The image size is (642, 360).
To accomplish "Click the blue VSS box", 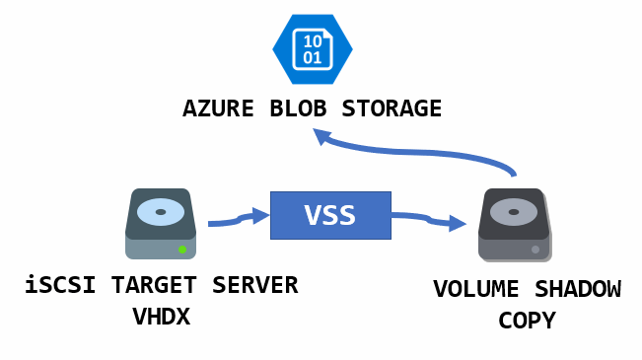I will coord(330,215).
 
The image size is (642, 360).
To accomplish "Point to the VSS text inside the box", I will coord(330,215).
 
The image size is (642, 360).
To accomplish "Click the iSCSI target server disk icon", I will coord(161,224).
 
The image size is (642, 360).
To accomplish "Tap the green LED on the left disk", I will coord(182,250).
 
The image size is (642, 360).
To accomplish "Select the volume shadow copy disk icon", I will coord(513,226).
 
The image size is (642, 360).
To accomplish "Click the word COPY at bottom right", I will coord(527,321).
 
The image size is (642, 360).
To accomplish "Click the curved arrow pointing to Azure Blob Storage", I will coord(424,151).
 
